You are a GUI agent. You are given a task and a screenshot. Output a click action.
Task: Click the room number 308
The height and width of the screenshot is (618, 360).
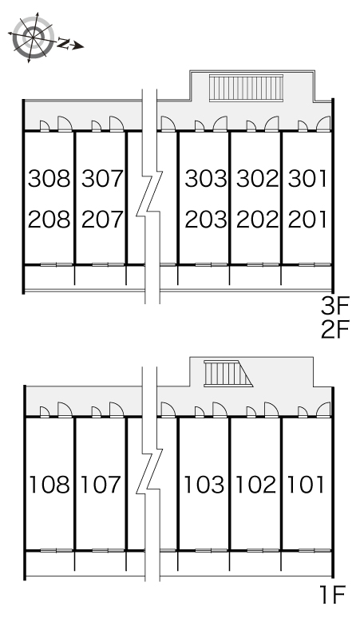[x=49, y=178]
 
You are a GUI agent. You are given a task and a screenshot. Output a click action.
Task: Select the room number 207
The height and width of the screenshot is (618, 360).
[x=102, y=220]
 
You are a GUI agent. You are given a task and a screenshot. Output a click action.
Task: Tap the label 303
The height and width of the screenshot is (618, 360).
[x=206, y=178]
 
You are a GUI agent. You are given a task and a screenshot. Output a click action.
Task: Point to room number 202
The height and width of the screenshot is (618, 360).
[x=258, y=220]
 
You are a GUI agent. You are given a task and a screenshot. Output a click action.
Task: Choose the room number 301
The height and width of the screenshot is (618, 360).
[x=307, y=178]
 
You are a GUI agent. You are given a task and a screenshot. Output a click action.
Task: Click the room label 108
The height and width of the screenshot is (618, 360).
[x=49, y=485]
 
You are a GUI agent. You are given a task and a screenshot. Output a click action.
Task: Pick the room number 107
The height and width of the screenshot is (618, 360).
[x=101, y=485]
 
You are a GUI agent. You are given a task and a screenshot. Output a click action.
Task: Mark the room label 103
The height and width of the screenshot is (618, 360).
[x=204, y=485]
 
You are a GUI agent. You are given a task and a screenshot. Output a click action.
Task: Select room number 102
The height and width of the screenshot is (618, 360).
[x=255, y=485]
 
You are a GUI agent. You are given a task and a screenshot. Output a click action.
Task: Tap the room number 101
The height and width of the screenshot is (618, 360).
[x=306, y=485]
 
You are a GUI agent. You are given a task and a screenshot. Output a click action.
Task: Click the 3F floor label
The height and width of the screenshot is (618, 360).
[x=335, y=307]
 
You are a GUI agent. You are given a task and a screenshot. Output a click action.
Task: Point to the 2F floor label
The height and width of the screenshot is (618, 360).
[x=335, y=330]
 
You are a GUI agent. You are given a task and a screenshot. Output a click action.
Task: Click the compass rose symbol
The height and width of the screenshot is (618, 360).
[x=33, y=37]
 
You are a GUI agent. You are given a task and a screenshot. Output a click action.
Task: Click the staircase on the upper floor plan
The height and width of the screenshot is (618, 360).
[x=246, y=88]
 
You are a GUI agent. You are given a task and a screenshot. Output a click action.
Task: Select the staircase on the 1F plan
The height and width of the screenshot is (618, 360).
[x=227, y=374]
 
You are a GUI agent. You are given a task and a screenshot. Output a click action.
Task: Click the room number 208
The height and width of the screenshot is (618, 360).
[x=49, y=220]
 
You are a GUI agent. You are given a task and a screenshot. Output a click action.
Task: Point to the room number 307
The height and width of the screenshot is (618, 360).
[x=102, y=178]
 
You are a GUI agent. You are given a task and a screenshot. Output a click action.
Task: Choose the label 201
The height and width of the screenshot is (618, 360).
[x=307, y=220]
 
